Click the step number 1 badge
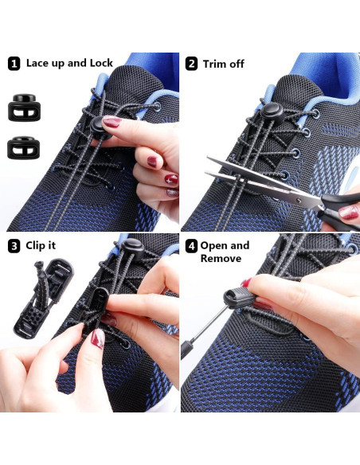click(14, 63)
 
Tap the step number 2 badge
click(191, 64)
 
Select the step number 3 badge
click(14, 246)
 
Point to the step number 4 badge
click(191, 246)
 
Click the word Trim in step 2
click(216, 64)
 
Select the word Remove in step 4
click(221, 259)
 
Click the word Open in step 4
click(214, 245)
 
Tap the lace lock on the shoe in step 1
click(102, 124)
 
